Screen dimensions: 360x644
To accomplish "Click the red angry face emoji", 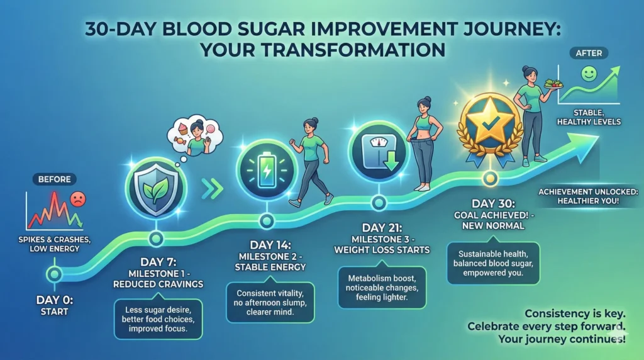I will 78,201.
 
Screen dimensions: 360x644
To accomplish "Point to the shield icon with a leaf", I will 154,186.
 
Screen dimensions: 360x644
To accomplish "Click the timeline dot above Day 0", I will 55,274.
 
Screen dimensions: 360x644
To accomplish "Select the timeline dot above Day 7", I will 155,239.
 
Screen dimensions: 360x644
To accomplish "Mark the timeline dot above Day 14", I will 267,221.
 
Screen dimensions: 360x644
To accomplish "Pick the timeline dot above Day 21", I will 379,203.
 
